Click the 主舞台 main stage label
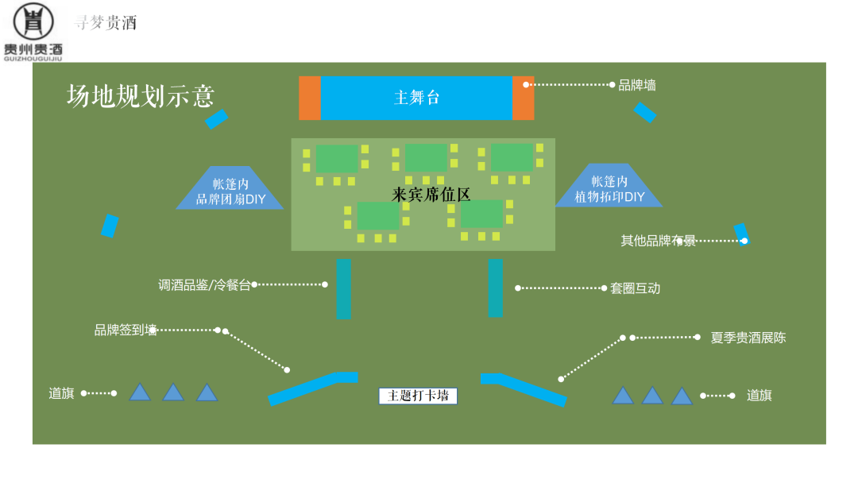tap(416, 98)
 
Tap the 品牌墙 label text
tap(637, 85)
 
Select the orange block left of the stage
tap(310, 98)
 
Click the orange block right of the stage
tap(524, 98)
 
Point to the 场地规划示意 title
tap(141, 96)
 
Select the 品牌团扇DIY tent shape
tap(230, 191)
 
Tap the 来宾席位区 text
tap(431, 194)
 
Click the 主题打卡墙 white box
tap(418, 396)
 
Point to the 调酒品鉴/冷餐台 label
tap(204, 285)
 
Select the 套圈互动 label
tap(635, 288)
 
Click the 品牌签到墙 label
tap(126, 330)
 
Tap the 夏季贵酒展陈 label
tap(748, 338)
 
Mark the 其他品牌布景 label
tap(658, 241)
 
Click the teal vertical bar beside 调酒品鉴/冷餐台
tap(343, 288)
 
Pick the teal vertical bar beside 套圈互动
tap(496, 288)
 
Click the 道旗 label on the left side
tap(61, 393)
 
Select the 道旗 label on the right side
tap(759, 396)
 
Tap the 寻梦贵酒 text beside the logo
tap(105, 23)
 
